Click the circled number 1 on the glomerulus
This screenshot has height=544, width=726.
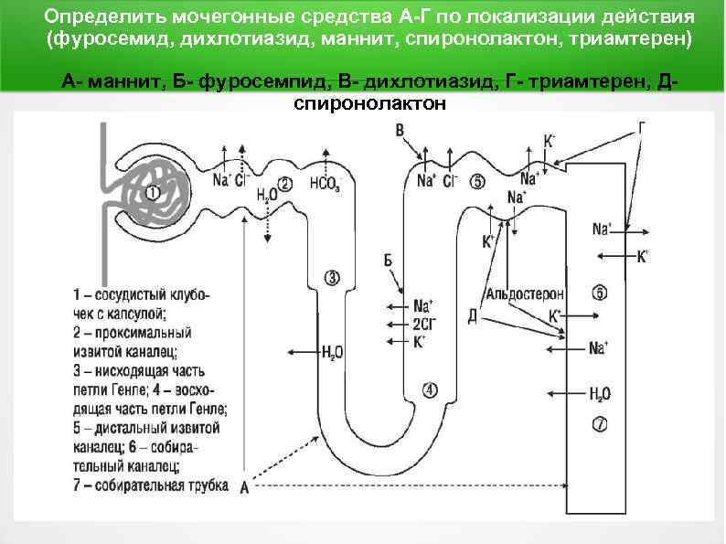coord(152,192)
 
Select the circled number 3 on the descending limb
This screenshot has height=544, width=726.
coord(331,277)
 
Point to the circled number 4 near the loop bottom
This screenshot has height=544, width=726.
coord(430,389)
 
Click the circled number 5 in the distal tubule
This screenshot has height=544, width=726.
coord(477,181)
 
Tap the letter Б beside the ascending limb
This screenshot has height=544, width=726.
coord(389,261)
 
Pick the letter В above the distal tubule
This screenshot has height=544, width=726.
coord(400,131)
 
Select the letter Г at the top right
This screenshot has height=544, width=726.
coord(642,127)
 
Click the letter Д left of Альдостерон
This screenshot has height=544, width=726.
coord(472,316)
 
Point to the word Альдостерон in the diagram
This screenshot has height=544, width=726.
coord(525,294)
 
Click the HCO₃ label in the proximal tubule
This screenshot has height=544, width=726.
coord(326,181)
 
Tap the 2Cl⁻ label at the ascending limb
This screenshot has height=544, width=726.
coord(425,324)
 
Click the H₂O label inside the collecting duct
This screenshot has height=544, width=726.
coord(600,394)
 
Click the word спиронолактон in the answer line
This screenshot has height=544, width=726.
coord(369,103)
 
